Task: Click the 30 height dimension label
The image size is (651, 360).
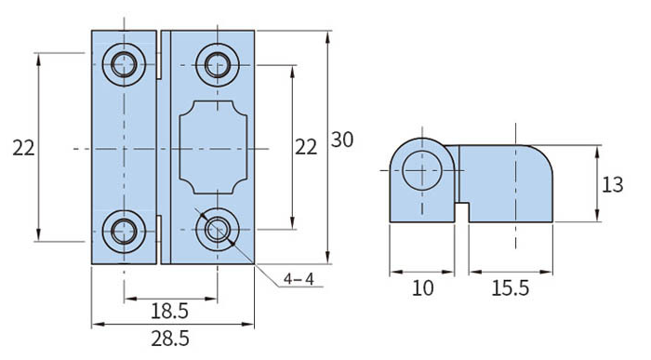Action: [x=341, y=140]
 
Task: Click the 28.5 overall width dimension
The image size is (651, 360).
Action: [x=170, y=339]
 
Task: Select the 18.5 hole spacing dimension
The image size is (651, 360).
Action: [x=169, y=311]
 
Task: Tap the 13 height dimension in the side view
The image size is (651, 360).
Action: [x=612, y=184]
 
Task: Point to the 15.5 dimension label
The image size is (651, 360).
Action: [x=511, y=287]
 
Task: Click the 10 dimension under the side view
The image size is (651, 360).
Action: [x=422, y=287]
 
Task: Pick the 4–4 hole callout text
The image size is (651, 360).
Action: [x=299, y=279]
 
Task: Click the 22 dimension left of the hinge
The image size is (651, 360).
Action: [x=23, y=148]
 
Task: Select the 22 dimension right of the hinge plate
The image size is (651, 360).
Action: [x=306, y=147]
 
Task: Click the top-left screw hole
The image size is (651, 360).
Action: [x=124, y=65]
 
